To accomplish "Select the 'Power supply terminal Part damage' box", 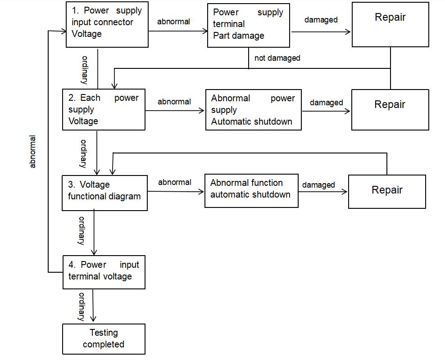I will (x=248, y=25).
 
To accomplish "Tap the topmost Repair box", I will (x=390, y=24).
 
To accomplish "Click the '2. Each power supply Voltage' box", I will (x=104, y=109).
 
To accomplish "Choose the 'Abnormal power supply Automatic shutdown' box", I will (x=253, y=110).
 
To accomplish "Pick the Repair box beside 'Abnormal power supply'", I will (x=390, y=110).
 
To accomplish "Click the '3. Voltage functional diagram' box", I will (x=104, y=193).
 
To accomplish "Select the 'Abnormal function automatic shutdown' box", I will (x=251, y=191).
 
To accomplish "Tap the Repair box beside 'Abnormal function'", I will (x=387, y=192).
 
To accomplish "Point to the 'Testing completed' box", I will (x=104, y=339).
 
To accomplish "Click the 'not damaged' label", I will (x=277, y=58).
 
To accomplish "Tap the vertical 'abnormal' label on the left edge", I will (x=32, y=152).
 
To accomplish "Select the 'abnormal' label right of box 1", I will (x=173, y=22).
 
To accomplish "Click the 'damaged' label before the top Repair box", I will (x=321, y=20).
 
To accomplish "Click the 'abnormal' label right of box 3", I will (x=175, y=182).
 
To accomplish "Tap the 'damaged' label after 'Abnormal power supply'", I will (x=326, y=103).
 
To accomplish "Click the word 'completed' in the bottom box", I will (x=104, y=344).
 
